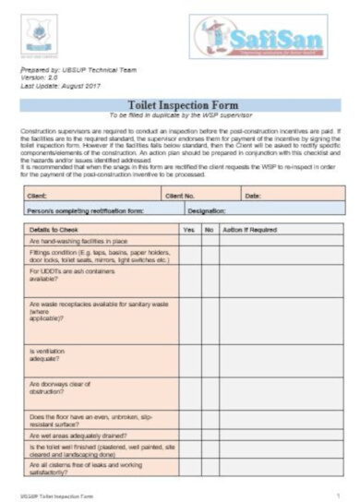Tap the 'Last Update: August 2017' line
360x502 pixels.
tap(61, 85)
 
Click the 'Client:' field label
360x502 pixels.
tap(38, 195)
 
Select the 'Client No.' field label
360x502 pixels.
tap(181, 195)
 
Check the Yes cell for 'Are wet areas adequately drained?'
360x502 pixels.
tap(189, 435)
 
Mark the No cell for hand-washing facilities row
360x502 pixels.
tap(210, 239)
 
